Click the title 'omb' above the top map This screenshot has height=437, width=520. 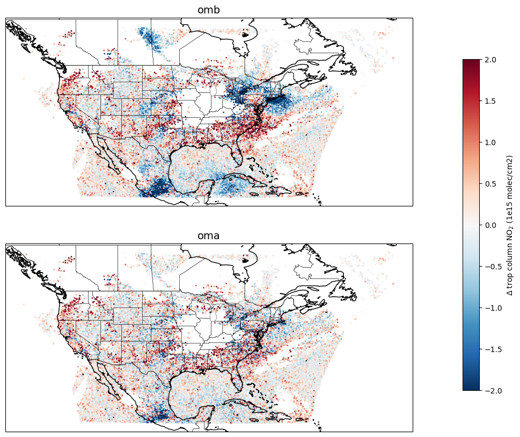pyautogui.click(x=209, y=10)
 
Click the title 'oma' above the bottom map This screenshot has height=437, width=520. pyautogui.click(x=209, y=236)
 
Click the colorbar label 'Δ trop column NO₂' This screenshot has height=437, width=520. pyautogui.click(x=510, y=225)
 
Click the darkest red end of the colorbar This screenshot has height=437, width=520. pyautogui.click(x=471, y=61)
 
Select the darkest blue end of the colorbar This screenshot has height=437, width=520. pyautogui.click(x=471, y=388)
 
